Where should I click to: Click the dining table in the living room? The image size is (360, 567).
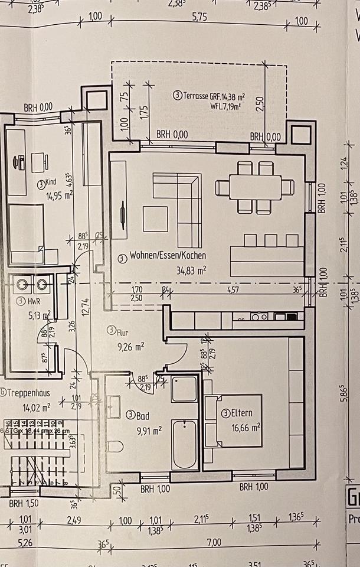tap(254, 187)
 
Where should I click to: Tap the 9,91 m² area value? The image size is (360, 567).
tap(149, 431)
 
